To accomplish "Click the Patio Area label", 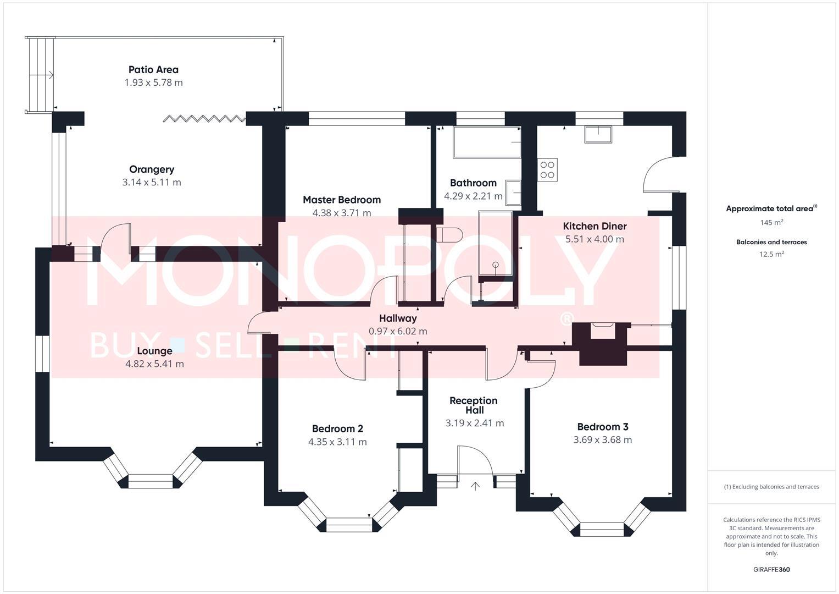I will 153,70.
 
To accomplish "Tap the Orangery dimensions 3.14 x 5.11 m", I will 152,183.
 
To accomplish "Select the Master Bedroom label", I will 341,200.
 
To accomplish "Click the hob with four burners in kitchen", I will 547,169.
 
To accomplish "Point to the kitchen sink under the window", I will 598,134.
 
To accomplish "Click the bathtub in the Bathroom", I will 487,142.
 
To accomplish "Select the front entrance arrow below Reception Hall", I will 475,486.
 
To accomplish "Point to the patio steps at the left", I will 40,75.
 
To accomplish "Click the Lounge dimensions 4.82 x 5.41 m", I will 154,364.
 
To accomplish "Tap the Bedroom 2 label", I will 337,429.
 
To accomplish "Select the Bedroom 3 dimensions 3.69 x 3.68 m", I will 602,440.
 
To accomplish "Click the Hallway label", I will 398,318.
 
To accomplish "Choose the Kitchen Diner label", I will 594,226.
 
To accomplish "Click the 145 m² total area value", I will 771,223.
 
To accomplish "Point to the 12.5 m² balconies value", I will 771,254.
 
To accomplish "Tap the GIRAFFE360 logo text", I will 771,569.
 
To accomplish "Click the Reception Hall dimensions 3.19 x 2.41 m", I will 474,424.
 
